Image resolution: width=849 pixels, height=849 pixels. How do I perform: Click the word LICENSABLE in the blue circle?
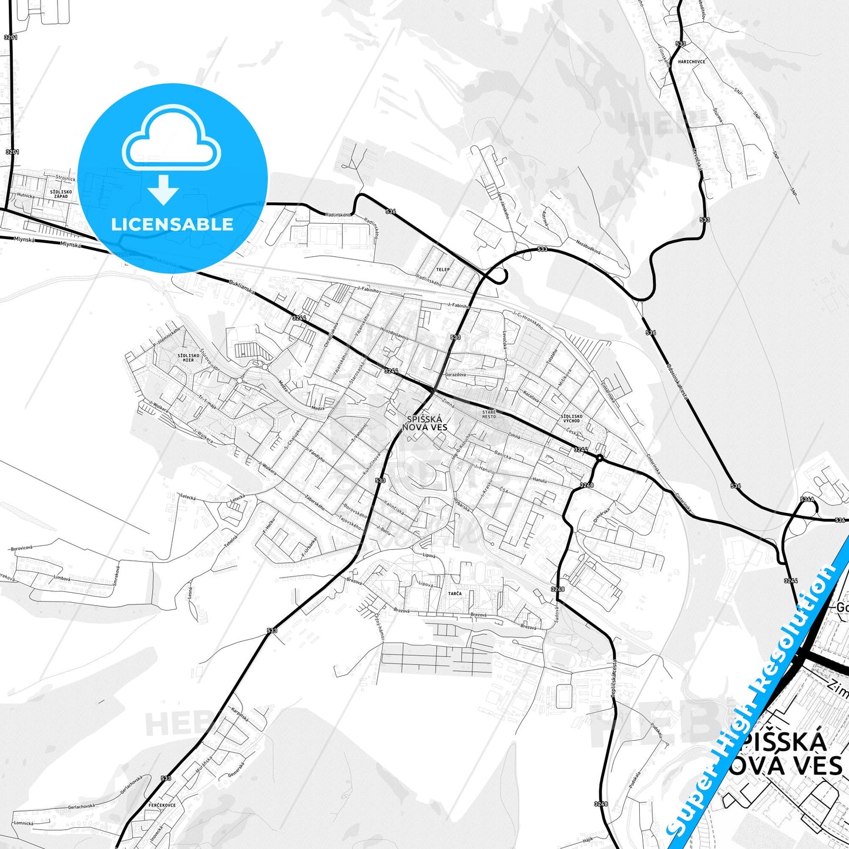[172, 224]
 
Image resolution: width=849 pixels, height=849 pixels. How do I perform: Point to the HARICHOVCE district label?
[691, 62]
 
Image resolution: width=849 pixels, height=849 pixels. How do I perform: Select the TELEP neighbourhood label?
[442, 270]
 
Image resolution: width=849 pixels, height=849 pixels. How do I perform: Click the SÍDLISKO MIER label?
[188, 357]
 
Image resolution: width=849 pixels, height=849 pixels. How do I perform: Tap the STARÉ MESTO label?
[489, 414]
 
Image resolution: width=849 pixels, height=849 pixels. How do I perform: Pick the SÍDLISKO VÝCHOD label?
[572, 418]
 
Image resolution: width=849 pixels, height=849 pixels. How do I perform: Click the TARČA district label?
[455, 593]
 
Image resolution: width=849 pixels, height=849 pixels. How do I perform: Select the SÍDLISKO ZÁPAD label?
[61, 193]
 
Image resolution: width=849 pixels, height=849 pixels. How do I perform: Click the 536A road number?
[807, 499]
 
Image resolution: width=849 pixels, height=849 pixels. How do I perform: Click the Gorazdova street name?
[455, 374]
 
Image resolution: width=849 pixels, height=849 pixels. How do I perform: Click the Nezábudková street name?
[588, 247]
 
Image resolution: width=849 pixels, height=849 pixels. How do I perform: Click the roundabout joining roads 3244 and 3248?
[599, 457]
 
